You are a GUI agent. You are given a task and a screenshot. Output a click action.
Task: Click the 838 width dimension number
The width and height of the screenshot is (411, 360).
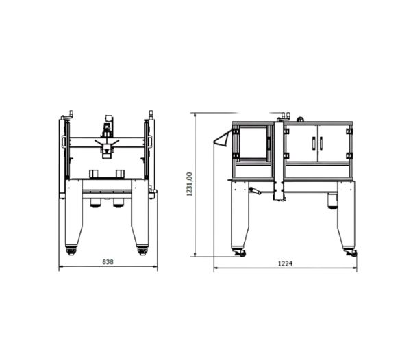click(x=108, y=261)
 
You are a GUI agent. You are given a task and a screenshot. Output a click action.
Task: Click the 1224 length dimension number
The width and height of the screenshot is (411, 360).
click(x=285, y=263)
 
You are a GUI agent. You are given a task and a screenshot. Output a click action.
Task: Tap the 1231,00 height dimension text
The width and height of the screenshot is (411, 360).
click(x=189, y=184)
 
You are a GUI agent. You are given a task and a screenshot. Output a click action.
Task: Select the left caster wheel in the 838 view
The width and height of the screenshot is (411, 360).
click(x=71, y=250)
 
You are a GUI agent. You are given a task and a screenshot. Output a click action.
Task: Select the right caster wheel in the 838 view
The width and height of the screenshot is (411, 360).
click(x=142, y=250)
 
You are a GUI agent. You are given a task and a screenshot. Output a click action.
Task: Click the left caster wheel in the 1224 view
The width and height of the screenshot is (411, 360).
click(x=239, y=253)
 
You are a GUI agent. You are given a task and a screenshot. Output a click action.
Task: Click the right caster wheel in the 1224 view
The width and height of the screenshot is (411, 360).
click(x=351, y=253)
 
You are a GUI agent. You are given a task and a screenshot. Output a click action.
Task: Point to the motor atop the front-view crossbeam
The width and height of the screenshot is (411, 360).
click(x=108, y=126)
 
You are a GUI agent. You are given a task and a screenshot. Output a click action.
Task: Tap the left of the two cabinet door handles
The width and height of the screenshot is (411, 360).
click(x=313, y=144)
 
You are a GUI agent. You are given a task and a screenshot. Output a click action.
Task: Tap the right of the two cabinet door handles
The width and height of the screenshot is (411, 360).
click(x=321, y=144)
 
